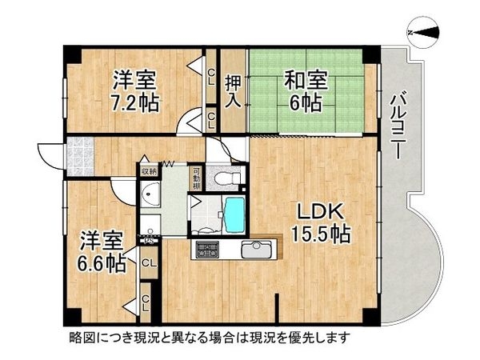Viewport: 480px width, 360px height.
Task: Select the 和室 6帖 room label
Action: coord(306,90)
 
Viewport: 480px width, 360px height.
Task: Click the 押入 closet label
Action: coord(233,90)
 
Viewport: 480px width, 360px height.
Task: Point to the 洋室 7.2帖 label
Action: coord(134,90)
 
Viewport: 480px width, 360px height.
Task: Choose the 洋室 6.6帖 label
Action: coord(102,250)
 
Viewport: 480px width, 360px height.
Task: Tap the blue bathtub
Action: coord(235,214)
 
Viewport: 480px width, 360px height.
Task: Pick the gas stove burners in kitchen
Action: coord(206,249)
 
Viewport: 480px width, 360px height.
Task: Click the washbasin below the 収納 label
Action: coord(149,199)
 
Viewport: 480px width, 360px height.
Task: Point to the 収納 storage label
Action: coord(150,170)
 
